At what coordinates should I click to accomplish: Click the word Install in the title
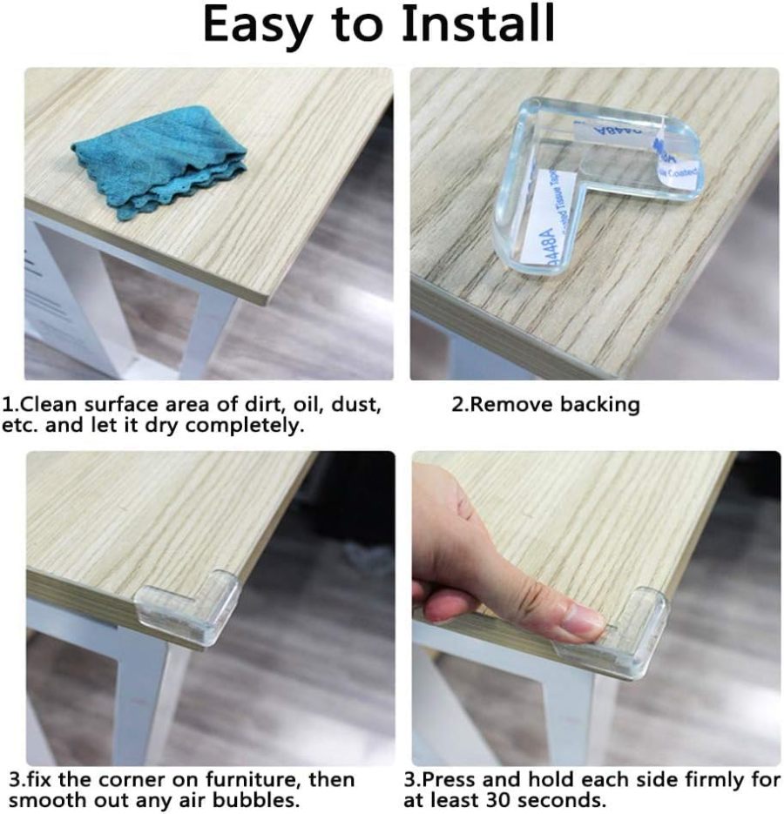tap(477, 25)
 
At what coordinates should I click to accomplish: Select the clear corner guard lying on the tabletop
tap(592, 183)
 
